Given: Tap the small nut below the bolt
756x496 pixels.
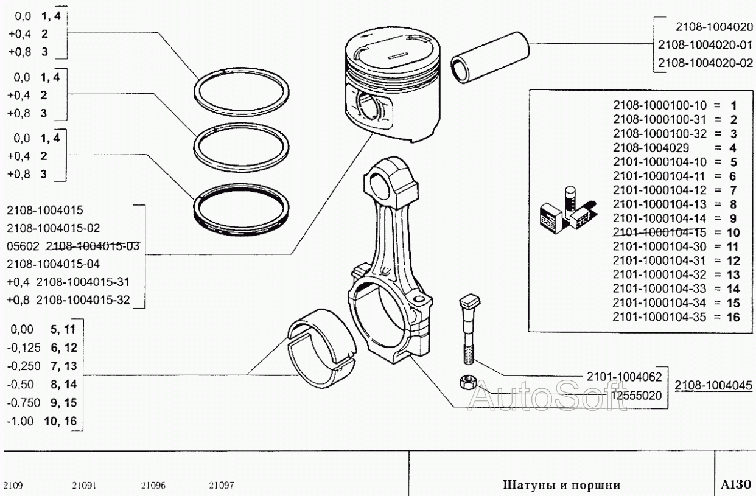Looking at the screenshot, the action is pos(467,382).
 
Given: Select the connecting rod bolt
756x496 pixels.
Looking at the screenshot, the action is pos(468,329).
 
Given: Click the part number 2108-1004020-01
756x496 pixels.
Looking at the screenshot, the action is pos(705,45).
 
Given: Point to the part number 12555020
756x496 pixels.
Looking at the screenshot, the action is pos(637,395).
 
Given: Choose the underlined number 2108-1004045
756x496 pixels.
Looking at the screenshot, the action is pos(713,385).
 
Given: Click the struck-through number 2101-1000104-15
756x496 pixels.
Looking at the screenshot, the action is pos(659,232).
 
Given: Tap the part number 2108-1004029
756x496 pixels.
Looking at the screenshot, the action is pos(651,148).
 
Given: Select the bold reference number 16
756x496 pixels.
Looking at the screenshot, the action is pos(733,317).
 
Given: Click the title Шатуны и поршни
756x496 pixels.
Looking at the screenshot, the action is pos(562,485).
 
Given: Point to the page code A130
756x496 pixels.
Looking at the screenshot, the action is pos(736,484).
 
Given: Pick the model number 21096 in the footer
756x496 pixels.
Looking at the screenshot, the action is pos(153,486).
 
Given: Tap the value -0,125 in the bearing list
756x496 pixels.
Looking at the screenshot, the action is pos(24,348).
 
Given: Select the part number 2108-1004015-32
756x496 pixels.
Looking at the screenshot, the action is pos(83,300).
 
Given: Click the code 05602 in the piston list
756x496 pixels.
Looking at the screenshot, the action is pos(23,246).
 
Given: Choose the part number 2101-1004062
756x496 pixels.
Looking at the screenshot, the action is pos(625,377).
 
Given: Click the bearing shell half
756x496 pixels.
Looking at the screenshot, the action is pos(321,348).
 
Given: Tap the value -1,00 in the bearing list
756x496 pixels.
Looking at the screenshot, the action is pos(20,421).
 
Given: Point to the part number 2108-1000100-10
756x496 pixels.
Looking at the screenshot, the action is pos(660,105).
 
